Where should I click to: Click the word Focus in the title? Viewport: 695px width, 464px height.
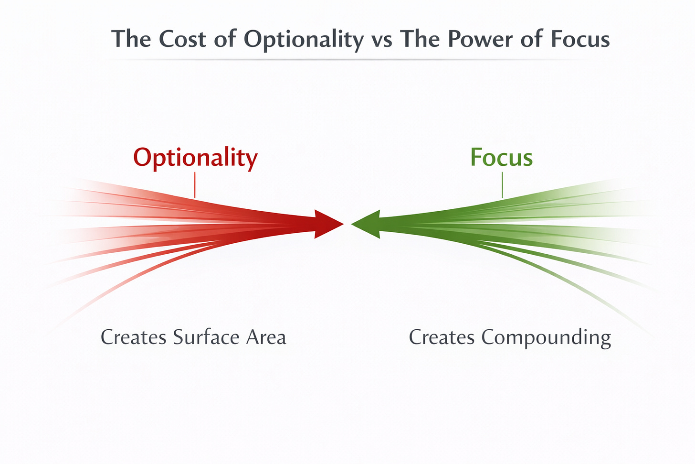(579, 39)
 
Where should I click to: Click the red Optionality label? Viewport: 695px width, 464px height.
(195, 158)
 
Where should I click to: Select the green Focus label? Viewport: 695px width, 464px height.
(501, 158)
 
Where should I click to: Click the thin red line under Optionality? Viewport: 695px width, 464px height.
(195, 185)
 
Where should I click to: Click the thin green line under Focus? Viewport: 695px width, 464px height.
(502, 185)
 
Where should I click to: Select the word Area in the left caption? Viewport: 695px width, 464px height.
(266, 337)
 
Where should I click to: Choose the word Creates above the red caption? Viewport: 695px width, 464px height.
(133, 337)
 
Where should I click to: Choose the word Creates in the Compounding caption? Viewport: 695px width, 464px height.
(442, 337)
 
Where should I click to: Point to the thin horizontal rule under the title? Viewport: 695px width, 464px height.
(347, 60)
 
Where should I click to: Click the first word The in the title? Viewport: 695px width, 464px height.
(131, 39)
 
